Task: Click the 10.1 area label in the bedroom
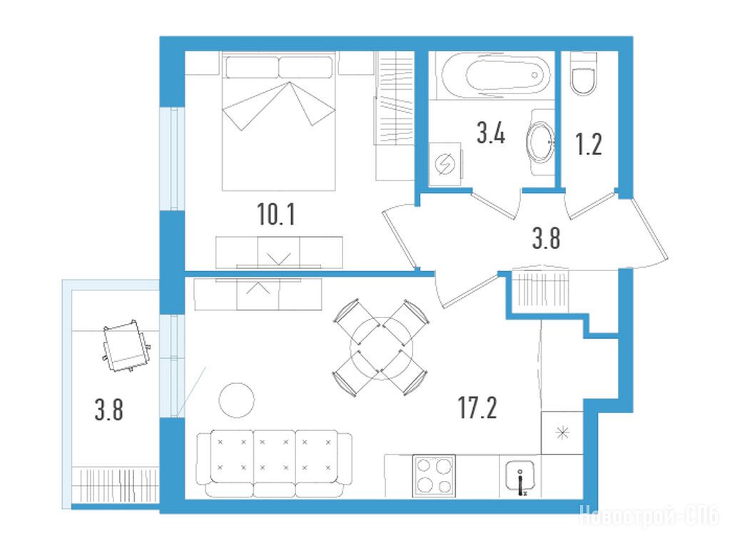click(x=276, y=215)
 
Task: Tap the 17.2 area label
click(x=477, y=408)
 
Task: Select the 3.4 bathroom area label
click(x=491, y=133)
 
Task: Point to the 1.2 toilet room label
click(x=589, y=144)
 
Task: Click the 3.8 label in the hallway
click(x=546, y=238)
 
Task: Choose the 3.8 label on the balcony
click(x=109, y=411)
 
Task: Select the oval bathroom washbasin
click(x=540, y=141)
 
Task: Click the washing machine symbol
click(x=445, y=165)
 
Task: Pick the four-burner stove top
click(x=433, y=476)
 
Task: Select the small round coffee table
click(x=237, y=400)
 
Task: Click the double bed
click(x=279, y=121)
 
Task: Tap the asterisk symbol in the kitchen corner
click(x=563, y=433)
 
